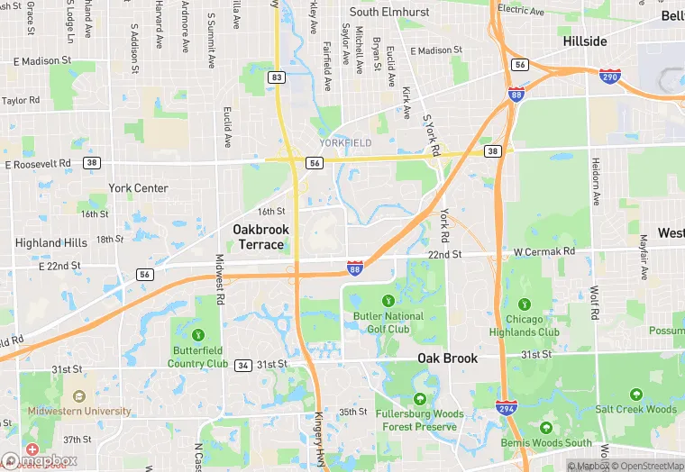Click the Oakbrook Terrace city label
tap(260, 237)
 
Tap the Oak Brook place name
tap(447, 359)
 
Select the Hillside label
tap(585, 41)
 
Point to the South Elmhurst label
tap(388, 13)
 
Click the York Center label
tap(138, 188)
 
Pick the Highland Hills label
tap(51, 243)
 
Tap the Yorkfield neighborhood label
tap(345, 143)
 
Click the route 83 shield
tap(277, 78)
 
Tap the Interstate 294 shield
tap(507, 409)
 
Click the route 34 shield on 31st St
tap(242, 365)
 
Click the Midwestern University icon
tap(79, 395)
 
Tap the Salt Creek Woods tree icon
tap(636, 395)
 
